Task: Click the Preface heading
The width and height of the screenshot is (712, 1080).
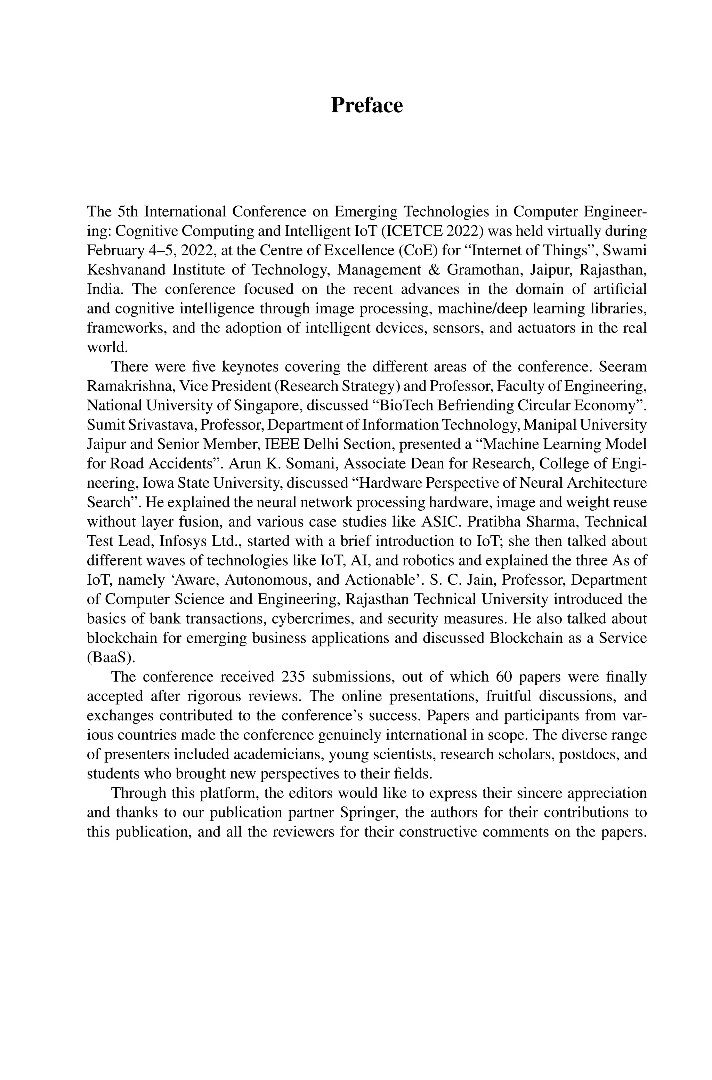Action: tap(366, 105)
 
